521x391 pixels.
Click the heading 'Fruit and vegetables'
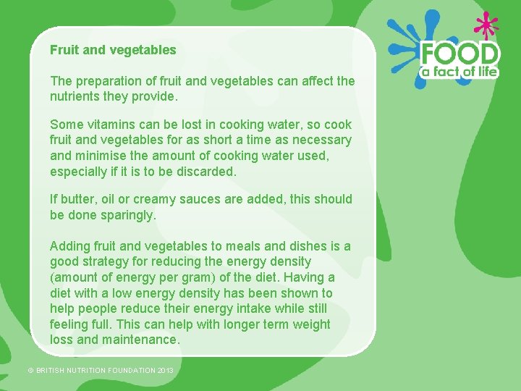113,50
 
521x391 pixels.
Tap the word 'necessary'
320,140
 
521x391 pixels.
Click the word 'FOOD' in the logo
460,54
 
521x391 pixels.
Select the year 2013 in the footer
166,371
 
